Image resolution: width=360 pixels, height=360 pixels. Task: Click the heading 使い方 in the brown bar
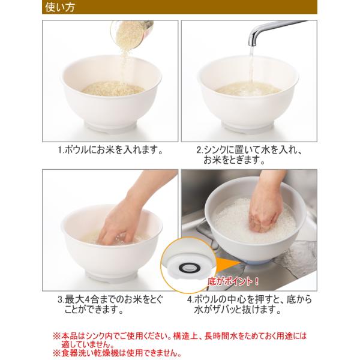[60, 7]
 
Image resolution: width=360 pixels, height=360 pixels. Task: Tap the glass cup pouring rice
[131, 34]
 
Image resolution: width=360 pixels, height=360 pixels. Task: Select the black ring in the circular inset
[189, 267]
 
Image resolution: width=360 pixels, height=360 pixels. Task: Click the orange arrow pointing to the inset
[226, 264]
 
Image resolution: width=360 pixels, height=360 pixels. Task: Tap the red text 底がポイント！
[233, 281]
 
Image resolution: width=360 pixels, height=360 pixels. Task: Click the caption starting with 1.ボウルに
[110, 150]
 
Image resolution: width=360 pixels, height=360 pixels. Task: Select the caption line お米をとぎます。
[234, 160]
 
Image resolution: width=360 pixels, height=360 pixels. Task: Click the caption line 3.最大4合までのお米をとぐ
[110, 299]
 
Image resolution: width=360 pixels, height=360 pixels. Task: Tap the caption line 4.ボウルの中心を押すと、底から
[250, 299]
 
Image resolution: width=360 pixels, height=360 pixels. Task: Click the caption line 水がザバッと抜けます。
[238, 310]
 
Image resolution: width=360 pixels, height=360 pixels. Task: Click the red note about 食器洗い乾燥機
[117, 353]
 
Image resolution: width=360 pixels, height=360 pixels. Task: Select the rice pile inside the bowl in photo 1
[113, 88]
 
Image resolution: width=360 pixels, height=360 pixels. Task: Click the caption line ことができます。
[94, 310]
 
